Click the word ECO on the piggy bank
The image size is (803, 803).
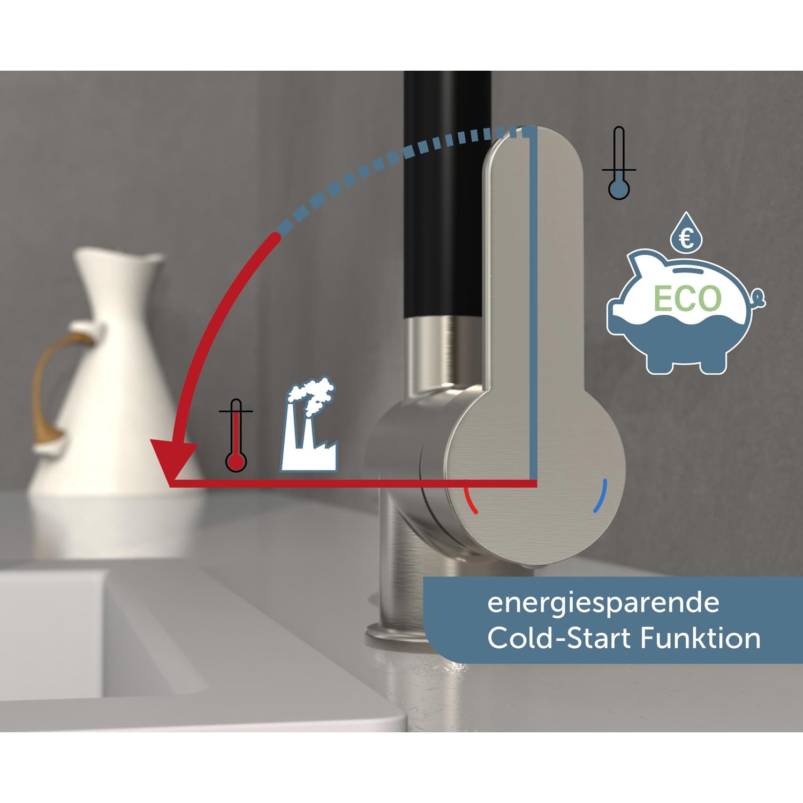pos(687,299)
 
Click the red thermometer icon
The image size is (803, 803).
pos(236,436)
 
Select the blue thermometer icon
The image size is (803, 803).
pos(619,164)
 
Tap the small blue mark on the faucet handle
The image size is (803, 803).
pos(601,496)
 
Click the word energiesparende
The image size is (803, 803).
pos(603,603)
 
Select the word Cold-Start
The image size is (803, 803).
pos(559,638)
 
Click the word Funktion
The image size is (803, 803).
pos(700,638)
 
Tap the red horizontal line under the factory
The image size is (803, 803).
pos(353,483)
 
